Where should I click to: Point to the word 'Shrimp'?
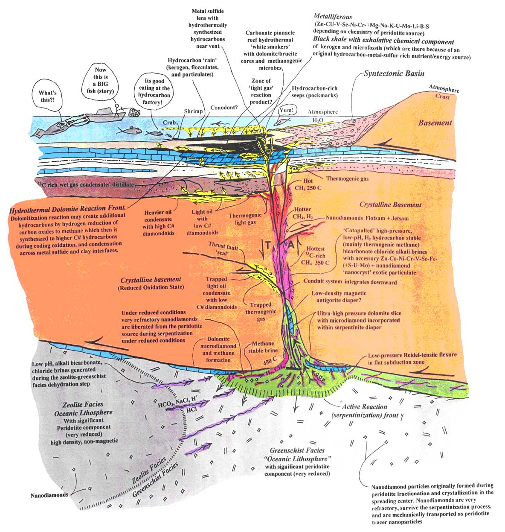coord(193,111)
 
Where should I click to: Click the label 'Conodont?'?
coord(224,108)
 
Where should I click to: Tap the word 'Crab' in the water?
coord(169,123)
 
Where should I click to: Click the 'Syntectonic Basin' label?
coord(394,73)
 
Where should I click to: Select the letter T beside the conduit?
coord(267,245)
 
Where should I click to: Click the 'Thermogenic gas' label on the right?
coord(347,179)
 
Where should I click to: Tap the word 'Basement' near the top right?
coord(435,123)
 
